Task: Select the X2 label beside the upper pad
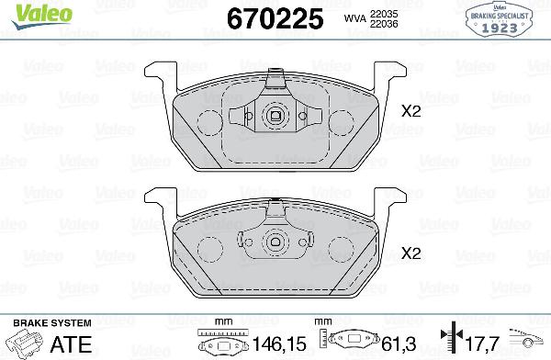[410, 111]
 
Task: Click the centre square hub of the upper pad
[275, 116]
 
